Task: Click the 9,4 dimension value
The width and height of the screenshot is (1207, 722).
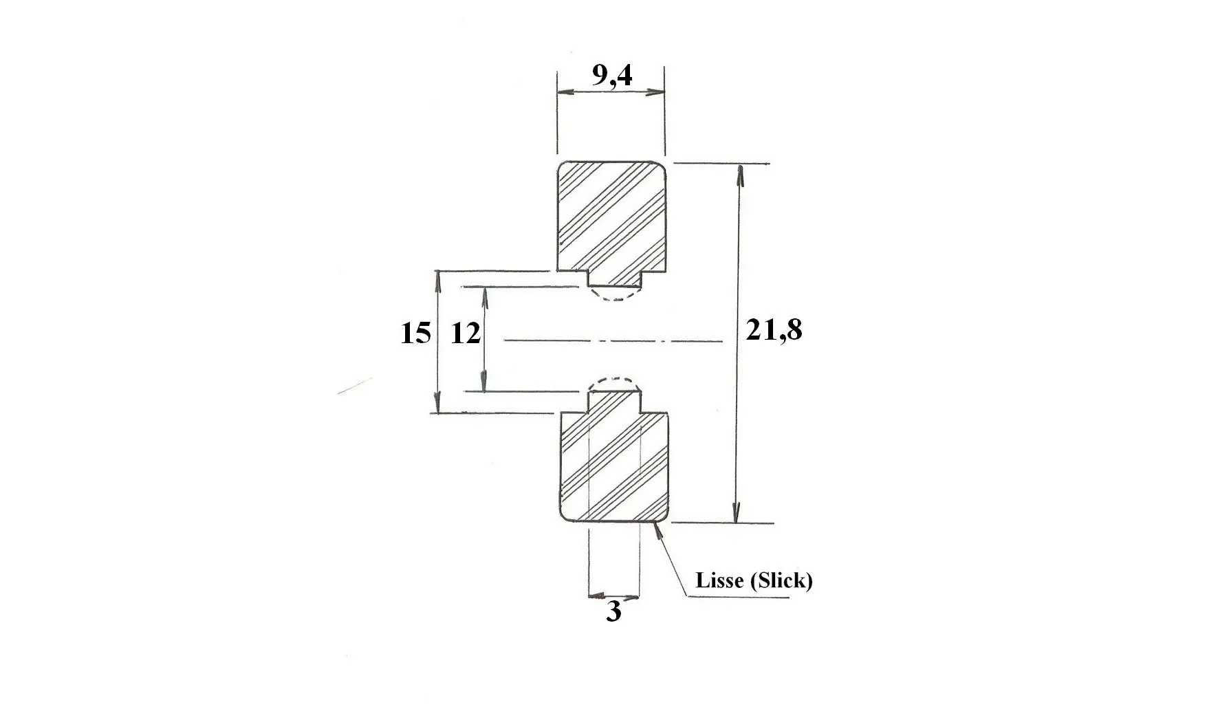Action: click(x=612, y=76)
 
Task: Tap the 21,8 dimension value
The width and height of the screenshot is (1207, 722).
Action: click(x=774, y=331)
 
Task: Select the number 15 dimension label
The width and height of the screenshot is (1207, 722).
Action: click(x=415, y=333)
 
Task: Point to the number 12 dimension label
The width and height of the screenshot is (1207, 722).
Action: click(x=465, y=333)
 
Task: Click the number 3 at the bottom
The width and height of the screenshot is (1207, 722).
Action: click(x=613, y=611)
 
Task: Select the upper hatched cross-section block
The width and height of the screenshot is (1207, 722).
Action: click(x=611, y=217)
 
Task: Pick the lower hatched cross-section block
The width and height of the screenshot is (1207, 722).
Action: click(x=614, y=467)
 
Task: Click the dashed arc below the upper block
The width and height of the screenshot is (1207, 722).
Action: click(x=615, y=298)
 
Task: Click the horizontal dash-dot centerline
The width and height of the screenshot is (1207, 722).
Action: click(x=613, y=340)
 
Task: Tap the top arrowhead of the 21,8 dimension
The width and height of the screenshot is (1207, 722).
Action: click(x=741, y=177)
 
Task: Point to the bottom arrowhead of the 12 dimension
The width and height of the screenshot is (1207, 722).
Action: click(x=484, y=380)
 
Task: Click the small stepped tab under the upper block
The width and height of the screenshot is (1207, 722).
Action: click(x=615, y=278)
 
